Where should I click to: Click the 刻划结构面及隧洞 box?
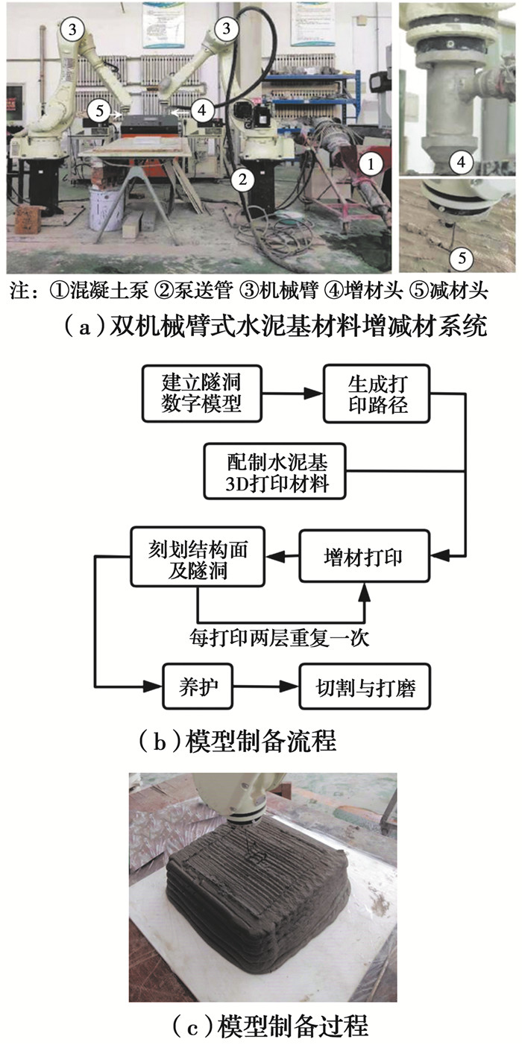[198, 556]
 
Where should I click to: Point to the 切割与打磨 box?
[366, 686]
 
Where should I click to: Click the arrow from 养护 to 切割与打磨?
[262, 686]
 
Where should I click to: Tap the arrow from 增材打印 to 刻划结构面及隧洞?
[283, 555]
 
